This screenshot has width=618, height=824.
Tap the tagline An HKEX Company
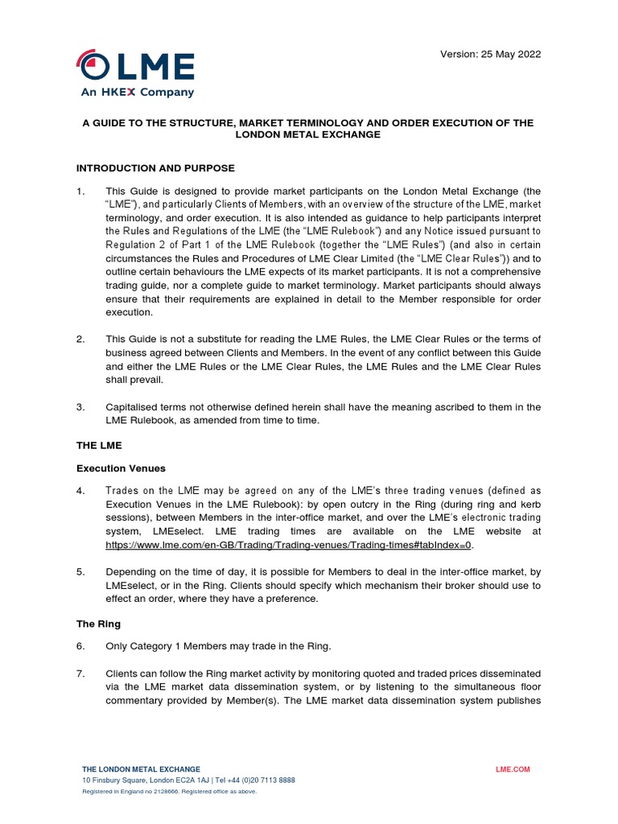pos(137,93)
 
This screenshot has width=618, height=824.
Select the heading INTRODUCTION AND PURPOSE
pos(155,168)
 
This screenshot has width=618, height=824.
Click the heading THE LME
pos(98,444)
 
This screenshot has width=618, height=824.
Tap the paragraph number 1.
pos(80,192)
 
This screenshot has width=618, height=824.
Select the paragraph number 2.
pos(80,339)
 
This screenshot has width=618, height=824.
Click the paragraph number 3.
pos(80,407)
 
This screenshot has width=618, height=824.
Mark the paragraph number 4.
pos(80,490)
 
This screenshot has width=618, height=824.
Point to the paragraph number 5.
pos(80,571)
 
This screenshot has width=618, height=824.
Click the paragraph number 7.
pos(80,673)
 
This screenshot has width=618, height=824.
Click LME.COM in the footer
pos(513,769)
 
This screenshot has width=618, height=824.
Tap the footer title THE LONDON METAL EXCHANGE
pos(141,769)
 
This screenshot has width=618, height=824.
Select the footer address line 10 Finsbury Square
pos(188,781)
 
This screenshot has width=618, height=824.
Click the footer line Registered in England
pos(169,792)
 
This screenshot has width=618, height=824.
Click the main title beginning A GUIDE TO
pos(308,129)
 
